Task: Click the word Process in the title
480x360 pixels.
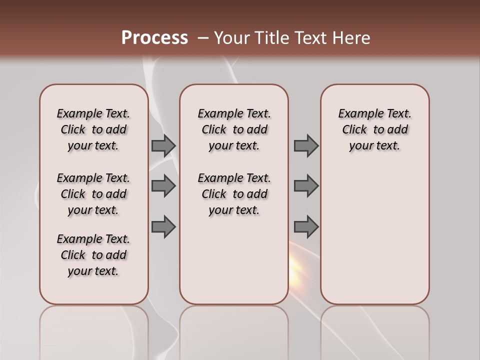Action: click(154, 37)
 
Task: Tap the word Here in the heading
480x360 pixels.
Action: click(350, 38)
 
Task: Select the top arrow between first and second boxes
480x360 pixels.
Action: click(163, 146)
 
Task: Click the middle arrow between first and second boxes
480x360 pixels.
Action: click(163, 186)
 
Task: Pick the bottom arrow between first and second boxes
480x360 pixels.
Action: click(163, 226)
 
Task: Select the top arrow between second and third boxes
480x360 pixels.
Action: click(306, 146)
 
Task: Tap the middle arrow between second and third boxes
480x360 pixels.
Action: click(306, 186)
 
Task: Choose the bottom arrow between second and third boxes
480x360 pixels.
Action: click(306, 226)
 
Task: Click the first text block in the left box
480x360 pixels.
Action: click(93, 129)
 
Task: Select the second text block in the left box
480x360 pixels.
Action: click(93, 194)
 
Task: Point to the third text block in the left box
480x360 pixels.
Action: click(93, 255)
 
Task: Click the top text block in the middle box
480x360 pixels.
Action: click(234, 129)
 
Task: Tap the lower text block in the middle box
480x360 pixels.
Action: click(234, 194)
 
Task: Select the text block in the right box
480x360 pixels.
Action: click(374, 129)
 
